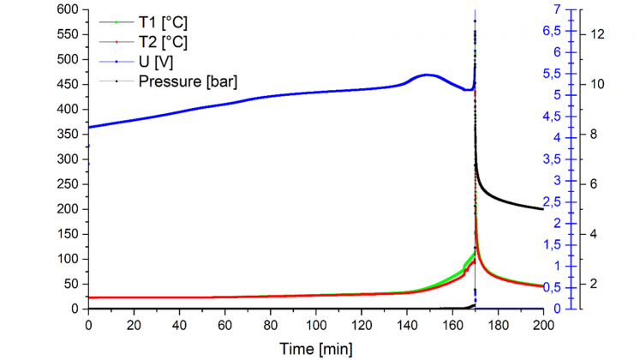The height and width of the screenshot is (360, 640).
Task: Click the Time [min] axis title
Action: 316,348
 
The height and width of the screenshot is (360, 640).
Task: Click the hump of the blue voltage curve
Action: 427,75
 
